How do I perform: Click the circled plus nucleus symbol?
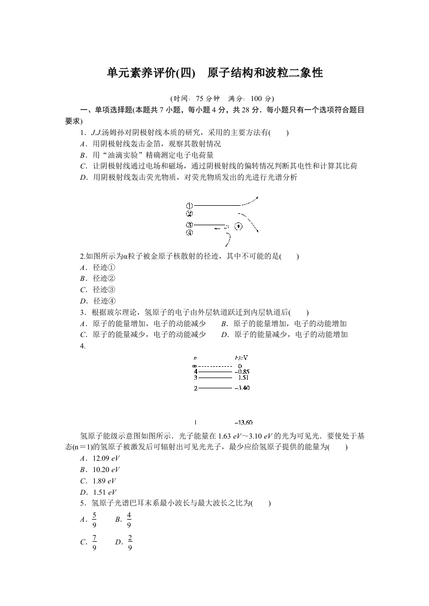coord(238,227)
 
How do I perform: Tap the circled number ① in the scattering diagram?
coord(189,206)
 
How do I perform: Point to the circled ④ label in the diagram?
coord(189,233)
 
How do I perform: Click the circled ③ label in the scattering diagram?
coord(189,225)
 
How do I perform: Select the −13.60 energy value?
coord(243,422)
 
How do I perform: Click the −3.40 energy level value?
coord(242,388)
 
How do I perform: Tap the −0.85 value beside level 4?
coord(241,372)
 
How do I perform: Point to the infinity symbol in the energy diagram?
coord(195,366)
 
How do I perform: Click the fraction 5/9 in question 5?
coord(95,519)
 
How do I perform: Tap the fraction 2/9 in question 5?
coord(130,542)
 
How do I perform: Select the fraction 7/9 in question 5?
coord(95,542)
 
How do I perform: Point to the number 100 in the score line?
coord(257,98)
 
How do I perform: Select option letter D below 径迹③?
coord(83,301)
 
